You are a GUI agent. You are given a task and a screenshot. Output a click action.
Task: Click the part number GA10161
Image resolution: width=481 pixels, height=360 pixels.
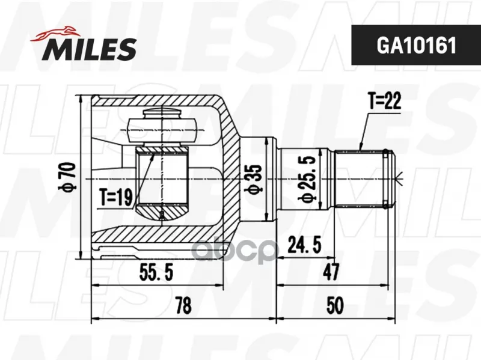click(x=416, y=45)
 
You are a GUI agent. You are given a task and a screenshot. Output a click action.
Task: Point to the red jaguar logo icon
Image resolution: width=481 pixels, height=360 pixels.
click(x=54, y=33)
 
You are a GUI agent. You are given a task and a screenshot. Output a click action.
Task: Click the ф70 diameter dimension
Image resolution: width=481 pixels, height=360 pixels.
click(x=67, y=177)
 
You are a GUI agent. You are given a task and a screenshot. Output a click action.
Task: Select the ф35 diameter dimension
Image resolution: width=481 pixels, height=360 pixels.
click(x=253, y=179)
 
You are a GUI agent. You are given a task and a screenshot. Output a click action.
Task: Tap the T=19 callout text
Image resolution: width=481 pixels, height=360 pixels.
click(x=116, y=197)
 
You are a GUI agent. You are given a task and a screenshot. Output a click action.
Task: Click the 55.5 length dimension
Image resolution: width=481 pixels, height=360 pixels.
click(x=156, y=272)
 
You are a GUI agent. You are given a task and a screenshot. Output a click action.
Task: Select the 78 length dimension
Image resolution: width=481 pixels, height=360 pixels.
click(x=183, y=306)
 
